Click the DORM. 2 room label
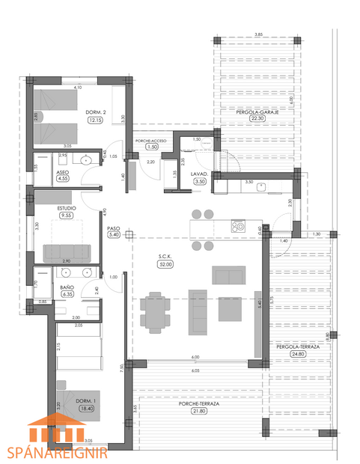coord(95,112)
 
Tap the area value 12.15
coord(95,120)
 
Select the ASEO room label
coord(63,171)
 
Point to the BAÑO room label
coord(67,287)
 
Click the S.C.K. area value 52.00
coord(165,264)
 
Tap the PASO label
coord(114,228)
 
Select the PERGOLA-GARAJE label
coord(257,112)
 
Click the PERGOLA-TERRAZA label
coord(298,347)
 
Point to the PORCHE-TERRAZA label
coord(199,404)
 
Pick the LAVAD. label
coord(199,173)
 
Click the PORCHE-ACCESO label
coord(152,141)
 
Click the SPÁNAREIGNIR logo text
coord(58,452)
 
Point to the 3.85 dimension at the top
coord(257,34)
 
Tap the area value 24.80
coord(298,355)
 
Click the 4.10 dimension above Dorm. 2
coord(76,88)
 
